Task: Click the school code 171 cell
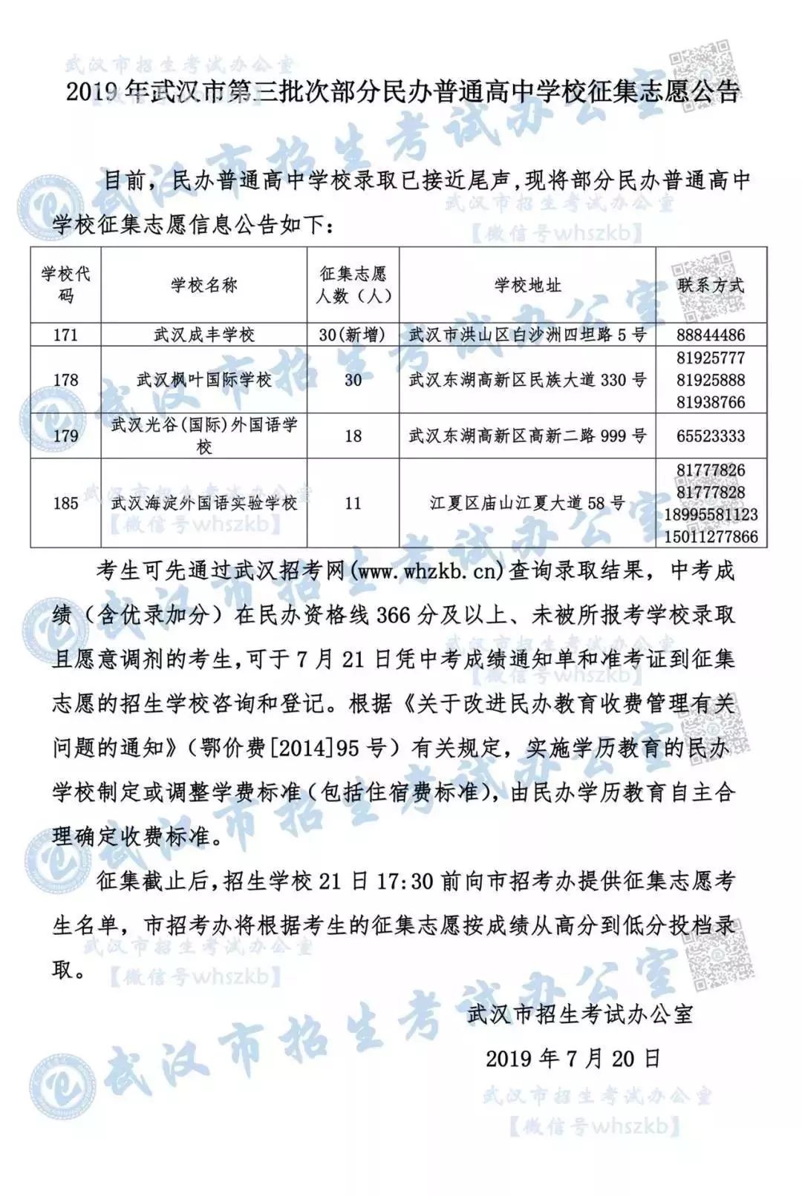65,335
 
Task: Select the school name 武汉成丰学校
204,335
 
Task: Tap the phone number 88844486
711,335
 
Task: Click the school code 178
65,381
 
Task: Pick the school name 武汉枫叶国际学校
204,381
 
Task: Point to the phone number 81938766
711,403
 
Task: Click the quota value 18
353,436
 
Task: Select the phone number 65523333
711,436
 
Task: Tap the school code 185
65,504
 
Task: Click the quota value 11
353,504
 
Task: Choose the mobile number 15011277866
711,536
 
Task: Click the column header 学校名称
204,285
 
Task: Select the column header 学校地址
527,285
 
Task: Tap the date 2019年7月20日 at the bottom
573,1059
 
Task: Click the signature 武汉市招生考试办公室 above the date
580,1014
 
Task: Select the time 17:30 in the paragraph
407,882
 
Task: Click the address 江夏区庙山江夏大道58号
527,504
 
